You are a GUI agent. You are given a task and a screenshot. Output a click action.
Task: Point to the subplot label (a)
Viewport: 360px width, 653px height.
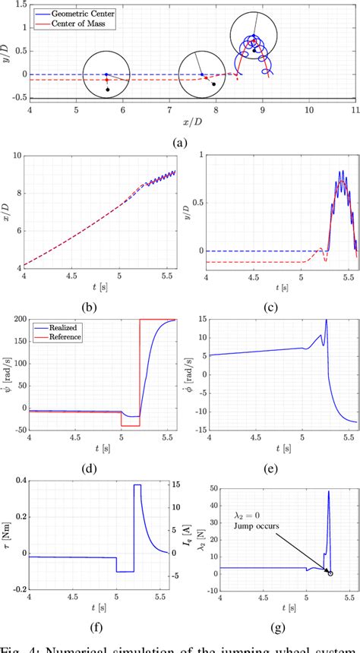[180, 141]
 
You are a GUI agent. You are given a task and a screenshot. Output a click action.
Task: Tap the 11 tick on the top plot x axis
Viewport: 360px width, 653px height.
[355, 109]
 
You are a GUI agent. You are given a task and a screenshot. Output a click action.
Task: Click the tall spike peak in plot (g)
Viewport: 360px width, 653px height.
[328, 491]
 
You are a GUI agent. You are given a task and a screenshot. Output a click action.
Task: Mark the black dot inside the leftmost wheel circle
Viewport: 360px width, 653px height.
[108, 90]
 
